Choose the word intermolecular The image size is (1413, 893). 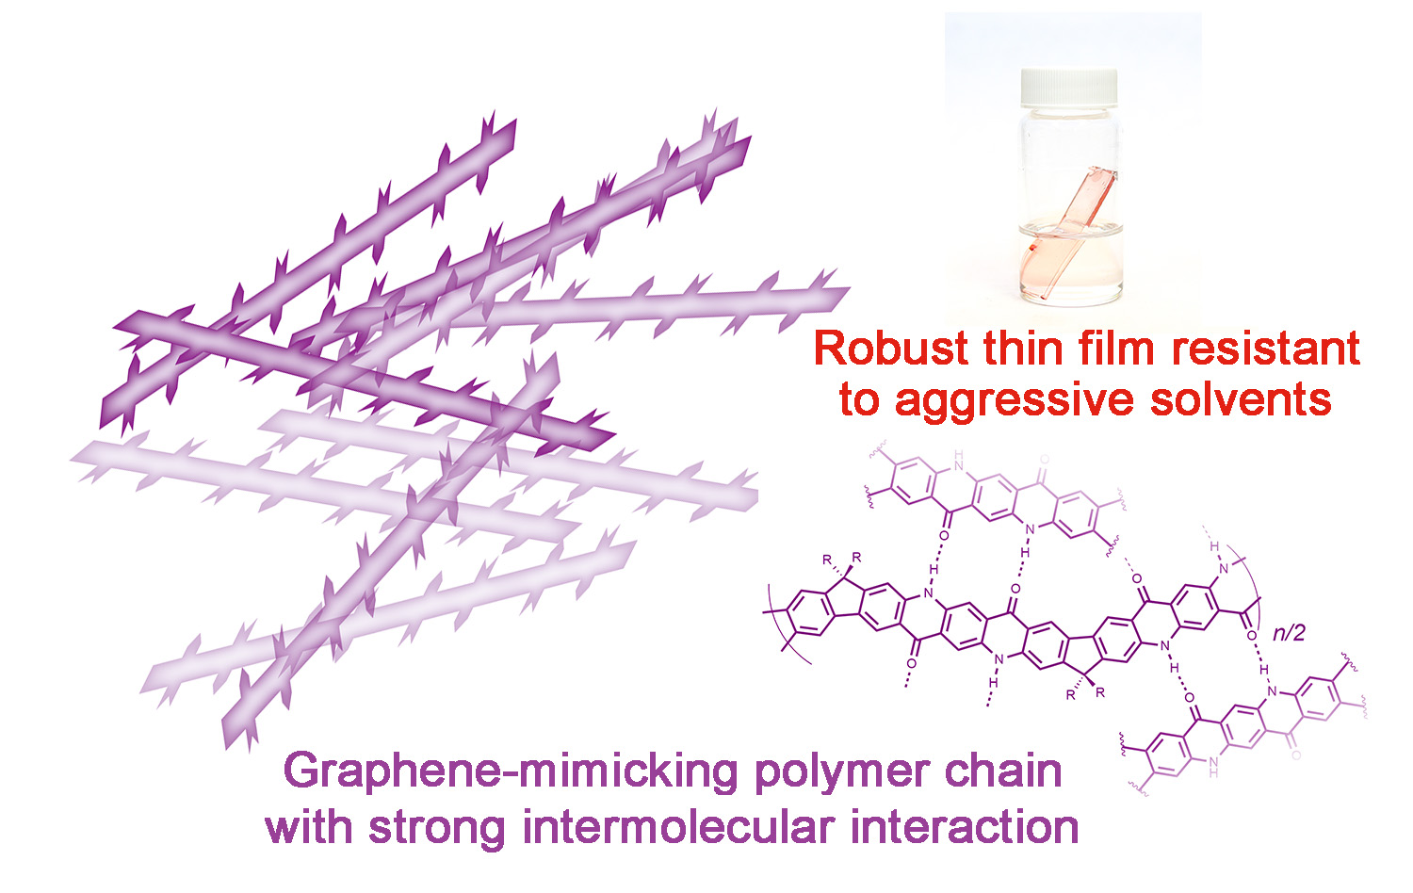(679, 827)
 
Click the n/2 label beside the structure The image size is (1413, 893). (1288, 633)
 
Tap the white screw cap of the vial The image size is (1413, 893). (1069, 88)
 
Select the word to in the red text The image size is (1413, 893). (859, 399)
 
